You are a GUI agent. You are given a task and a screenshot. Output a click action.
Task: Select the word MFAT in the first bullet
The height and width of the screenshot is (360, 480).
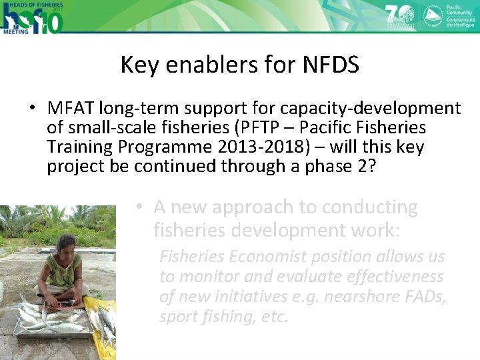[x=71, y=108]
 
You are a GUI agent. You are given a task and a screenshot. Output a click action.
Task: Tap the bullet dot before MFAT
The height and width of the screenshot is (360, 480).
[x=31, y=109]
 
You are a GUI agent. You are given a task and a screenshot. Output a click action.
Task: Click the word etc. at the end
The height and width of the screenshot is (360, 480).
[x=273, y=317]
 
